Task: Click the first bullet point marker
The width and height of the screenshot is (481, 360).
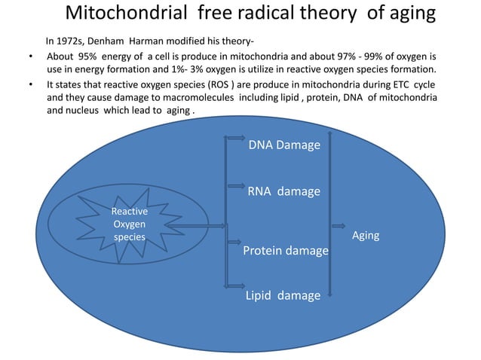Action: click(x=30, y=57)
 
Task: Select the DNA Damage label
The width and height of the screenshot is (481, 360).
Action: click(x=284, y=144)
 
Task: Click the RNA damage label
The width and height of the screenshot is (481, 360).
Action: click(x=283, y=191)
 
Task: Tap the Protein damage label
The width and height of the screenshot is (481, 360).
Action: click(x=285, y=250)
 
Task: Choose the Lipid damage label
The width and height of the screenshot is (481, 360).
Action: click(x=283, y=295)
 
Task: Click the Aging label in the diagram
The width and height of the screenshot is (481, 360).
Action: click(x=366, y=236)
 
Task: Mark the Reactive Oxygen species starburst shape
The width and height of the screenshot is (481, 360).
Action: click(x=129, y=224)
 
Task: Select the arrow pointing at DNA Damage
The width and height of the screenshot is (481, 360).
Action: click(x=235, y=139)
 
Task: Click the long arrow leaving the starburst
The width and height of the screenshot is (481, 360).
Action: click(x=195, y=225)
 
